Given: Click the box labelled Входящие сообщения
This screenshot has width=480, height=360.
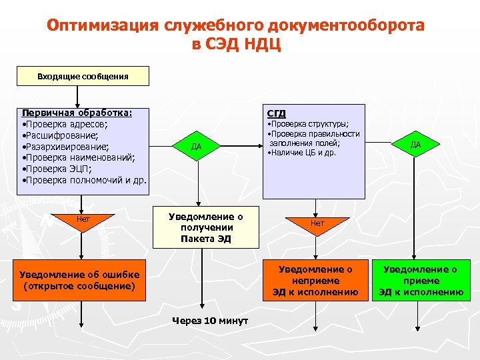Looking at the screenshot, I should pyautogui.click(x=83, y=77).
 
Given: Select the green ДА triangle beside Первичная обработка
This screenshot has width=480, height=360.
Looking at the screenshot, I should pyautogui.click(x=196, y=145).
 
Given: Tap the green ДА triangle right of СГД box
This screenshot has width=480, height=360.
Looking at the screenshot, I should pyautogui.click(x=415, y=143).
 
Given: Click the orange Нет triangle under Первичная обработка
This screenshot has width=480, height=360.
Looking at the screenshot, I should pyautogui.click(x=83, y=221).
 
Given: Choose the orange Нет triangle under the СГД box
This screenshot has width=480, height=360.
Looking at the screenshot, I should pyautogui.click(x=317, y=224).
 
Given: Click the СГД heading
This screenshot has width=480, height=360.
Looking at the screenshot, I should pyautogui.click(x=276, y=113).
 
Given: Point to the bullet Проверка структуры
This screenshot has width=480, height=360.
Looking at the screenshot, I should pyautogui.click(x=308, y=124).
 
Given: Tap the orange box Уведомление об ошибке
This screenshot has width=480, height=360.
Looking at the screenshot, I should pyautogui.click(x=79, y=281).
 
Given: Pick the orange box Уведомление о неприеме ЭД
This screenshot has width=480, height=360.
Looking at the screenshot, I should pyautogui.click(x=315, y=280).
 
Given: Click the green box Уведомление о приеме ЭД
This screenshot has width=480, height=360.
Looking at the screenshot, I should pyautogui.click(x=420, y=280).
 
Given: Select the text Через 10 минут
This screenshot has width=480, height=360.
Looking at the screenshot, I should pyautogui.click(x=210, y=321).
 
